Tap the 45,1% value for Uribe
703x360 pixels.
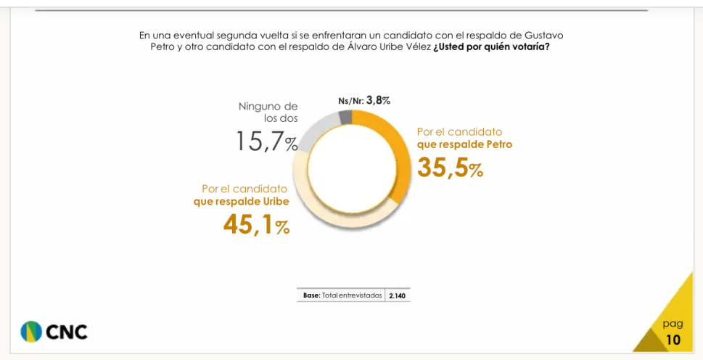pyautogui.click(x=256, y=225)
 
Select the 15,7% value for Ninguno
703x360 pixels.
pyautogui.click(x=266, y=142)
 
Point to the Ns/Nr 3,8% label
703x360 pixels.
pyautogui.click(x=364, y=101)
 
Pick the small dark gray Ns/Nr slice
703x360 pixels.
pyautogui.click(x=345, y=118)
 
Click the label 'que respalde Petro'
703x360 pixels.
pyautogui.click(x=464, y=144)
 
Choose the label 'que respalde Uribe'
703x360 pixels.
pyautogui.click(x=242, y=201)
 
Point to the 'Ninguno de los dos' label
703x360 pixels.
pyautogui.click(x=268, y=112)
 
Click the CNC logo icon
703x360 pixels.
pyautogui.click(x=31, y=331)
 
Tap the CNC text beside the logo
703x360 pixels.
pyautogui.click(x=67, y=332)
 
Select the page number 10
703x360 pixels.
pyautogui.click(x=673, y=340)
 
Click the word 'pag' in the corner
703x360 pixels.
pyautogui.click(x=673, y=323)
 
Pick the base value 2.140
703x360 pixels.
pyautogui.click(x=398, y=295)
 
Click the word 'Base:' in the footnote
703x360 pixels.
pyautogui.click(x=312, y=295)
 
